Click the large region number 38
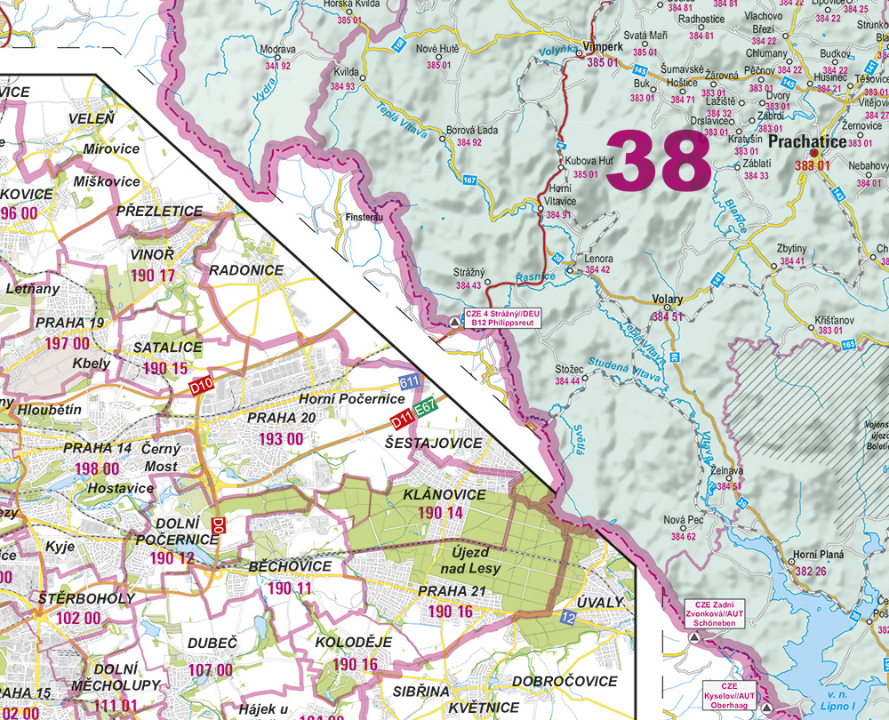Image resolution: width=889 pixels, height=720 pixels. click(658, 161)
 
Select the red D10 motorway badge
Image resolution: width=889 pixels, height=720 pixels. click(202, 387)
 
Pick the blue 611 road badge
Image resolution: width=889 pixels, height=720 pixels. click(409, 382)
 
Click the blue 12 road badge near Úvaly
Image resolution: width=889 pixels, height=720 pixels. click(568, 616)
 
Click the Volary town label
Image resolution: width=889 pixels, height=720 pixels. click(668, 300)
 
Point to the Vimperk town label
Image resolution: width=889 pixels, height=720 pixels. click(601, 49)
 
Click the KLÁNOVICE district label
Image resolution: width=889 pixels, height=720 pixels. click(444, 494)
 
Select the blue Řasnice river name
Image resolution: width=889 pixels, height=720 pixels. click(535, 277)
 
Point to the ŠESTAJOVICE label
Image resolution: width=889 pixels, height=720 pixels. click(434, 443)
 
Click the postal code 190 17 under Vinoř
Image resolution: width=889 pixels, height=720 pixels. click(153, 276)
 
